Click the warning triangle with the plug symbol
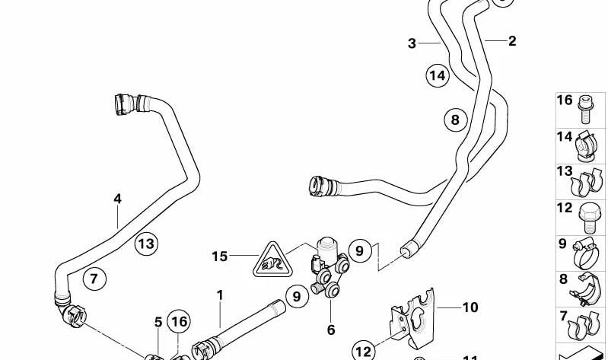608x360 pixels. pyautogui.click(x=273, y=261)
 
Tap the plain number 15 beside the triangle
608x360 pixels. pyautogui.click(x=219, y=256)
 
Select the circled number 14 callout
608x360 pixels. pyautogui.click(x=438, y=75)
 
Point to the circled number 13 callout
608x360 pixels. pyautogui.click(x=146, y=244)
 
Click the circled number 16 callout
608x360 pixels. pyautogui.click(x=179, y=322)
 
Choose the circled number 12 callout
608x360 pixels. pyautogui.click(x=364, y=352)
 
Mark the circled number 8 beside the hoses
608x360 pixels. pyautogui.click(x=455, y=119)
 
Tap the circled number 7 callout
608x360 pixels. pyautogui.click(x=94, y=279)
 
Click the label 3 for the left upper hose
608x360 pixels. pyautogui.click(x=412, y=43)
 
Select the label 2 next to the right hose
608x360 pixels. pyautogui.click(x=512, y=41)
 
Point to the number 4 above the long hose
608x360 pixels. pyautogui.click(x=117, y=199)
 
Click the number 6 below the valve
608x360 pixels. pyautogui.click(x=331, y=330)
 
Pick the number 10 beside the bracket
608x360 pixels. pyautogui.click(x=470, y=307)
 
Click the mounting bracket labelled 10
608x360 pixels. pyautogui.click(x=414, y=319)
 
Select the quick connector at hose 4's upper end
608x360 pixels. pyautogui.click(x=125, y=104)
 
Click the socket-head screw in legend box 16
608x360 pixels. pyautogui.click(x=584, y=109)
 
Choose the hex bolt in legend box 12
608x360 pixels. pyautogui.click(x=587, y=218)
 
